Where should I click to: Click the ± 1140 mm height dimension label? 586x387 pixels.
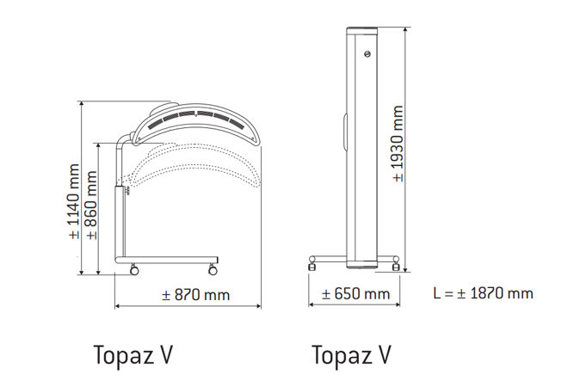(74, 201)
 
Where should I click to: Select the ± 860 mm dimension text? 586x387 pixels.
(91, 205)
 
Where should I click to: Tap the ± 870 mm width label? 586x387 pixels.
(196, 295)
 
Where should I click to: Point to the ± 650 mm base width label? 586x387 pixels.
(355, 293)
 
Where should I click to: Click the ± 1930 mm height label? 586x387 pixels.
(398, 144)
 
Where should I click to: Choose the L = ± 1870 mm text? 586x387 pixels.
(484, 293)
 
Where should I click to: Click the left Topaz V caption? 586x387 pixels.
(133, 355)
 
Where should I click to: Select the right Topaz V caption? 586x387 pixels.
(351, 355)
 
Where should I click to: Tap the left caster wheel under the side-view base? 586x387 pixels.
(133, 270)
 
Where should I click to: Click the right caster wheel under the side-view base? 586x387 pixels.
(213, 270)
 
